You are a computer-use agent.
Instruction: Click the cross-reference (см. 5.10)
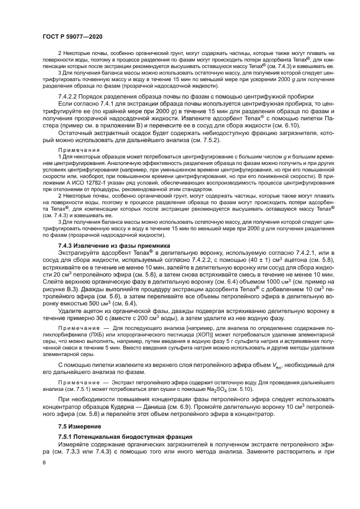coord(253,389)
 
